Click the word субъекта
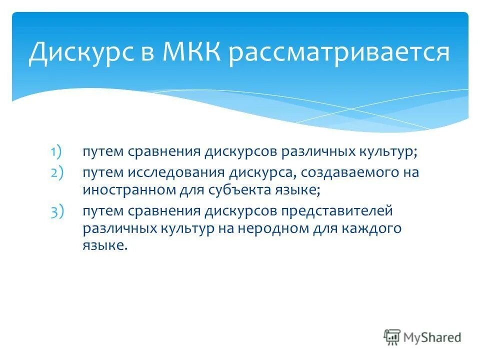pyautogui.click(x=249, y=190)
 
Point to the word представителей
pyautogui.click(x=336, y=211)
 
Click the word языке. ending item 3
pyautogui.click(x=105, y=246)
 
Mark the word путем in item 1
pyautogui.click(x=103, y=151)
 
